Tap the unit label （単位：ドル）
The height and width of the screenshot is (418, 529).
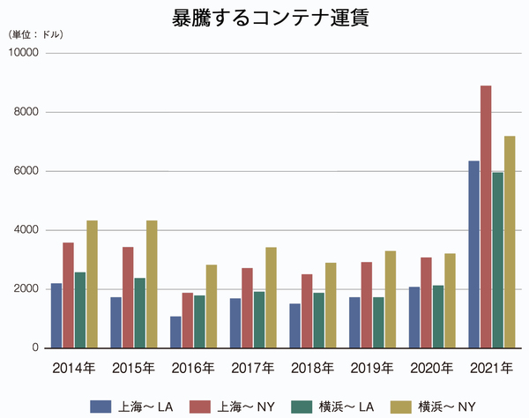[36, 34]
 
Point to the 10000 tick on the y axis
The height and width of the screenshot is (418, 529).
[23, 53]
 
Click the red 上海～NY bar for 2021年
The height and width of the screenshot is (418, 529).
[485, 216]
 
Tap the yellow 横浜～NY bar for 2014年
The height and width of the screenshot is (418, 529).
[92, 284]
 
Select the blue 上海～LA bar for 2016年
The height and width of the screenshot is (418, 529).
[175, 332]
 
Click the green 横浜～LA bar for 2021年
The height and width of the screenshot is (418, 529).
[497, 260]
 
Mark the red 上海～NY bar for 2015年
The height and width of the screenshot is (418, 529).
[128, 297]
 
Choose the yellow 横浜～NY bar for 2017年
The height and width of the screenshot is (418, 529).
[271, 297]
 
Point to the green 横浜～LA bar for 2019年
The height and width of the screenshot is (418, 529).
[378, 322]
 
